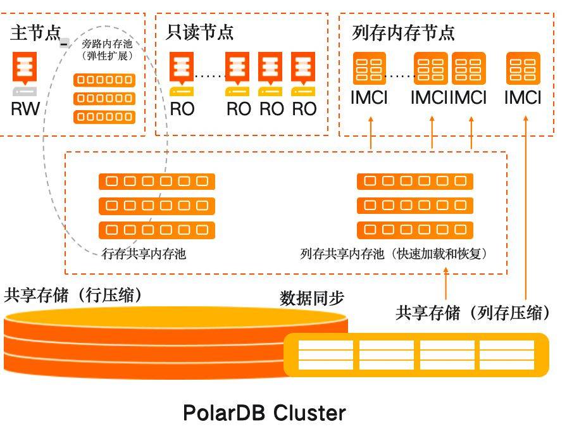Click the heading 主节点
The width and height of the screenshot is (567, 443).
click(x=35, y=34)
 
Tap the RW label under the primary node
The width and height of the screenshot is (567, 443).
click(x=25, y=108)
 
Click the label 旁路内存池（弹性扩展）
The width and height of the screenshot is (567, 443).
click(x=108, y=50)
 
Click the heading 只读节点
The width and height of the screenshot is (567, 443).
click(x=200, y=34)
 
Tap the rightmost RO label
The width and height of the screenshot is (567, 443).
click(x=304, y=108)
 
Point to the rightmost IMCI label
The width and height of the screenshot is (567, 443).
click(x=523, y=98)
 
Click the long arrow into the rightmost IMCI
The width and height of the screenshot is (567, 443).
click(x=526, y=203)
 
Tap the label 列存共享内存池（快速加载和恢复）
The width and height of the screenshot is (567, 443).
click(x=395, y=254)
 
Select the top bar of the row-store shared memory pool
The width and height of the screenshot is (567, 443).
click(x=157, y=182)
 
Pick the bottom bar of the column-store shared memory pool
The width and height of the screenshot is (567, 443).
click(x=415, y=230)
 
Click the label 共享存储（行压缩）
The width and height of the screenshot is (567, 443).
click(x=73, y=296)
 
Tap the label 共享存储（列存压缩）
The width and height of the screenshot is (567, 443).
click(x=473, y=313)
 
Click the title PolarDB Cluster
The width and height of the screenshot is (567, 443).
click(x=265, y=413)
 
